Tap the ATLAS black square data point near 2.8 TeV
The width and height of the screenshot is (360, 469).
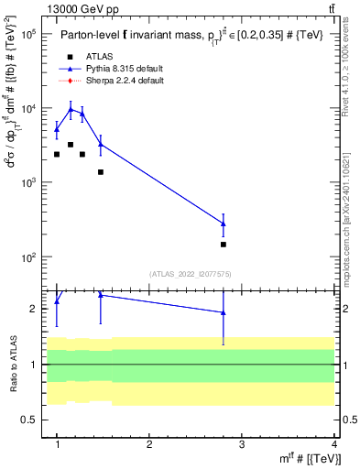224,245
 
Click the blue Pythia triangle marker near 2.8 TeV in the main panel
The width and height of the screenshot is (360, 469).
224,224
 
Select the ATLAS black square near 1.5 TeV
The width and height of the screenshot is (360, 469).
101,172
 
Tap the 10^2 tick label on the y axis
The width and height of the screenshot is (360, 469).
27,257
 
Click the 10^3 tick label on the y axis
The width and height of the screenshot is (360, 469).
27,183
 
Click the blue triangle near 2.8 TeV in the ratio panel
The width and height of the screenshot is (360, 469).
224,312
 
